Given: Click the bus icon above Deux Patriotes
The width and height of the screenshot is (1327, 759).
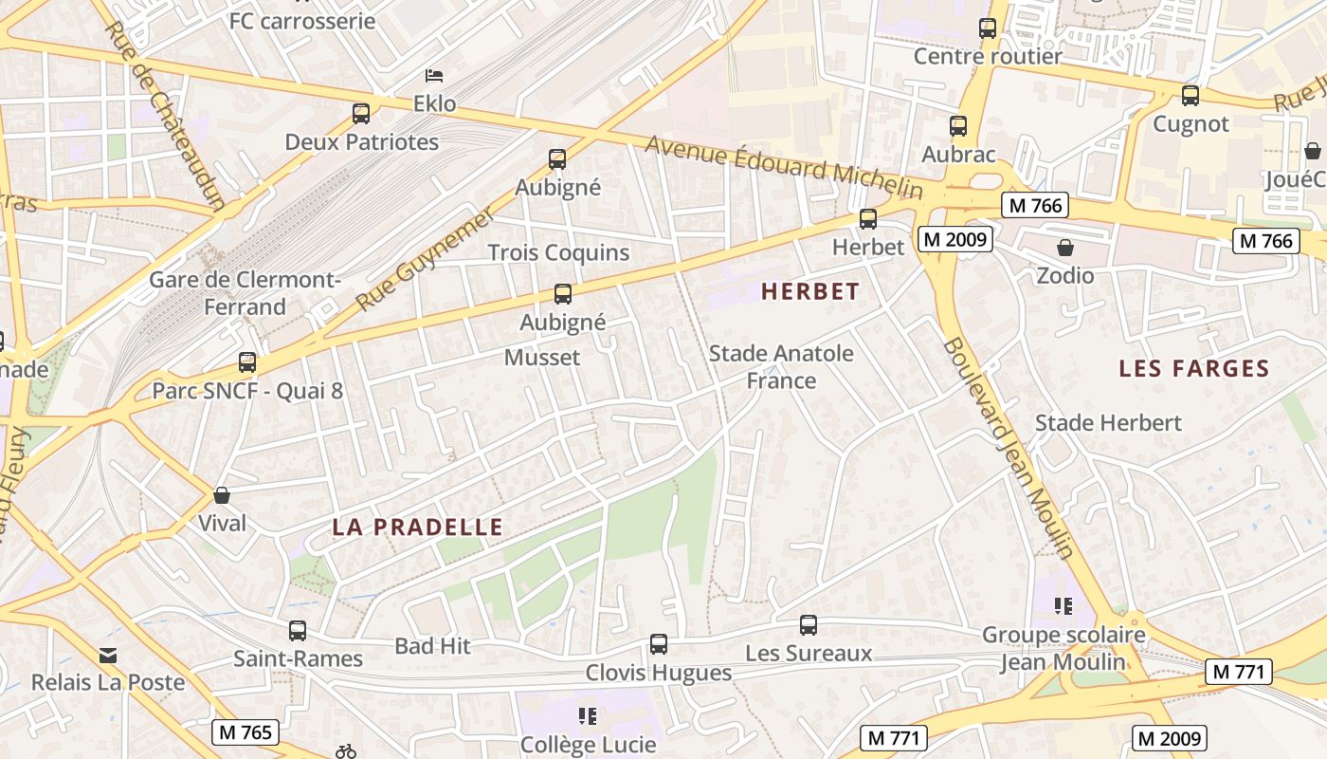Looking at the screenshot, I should tap(361, 114).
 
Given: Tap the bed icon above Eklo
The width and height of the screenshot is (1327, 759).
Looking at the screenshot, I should tap(434, 75).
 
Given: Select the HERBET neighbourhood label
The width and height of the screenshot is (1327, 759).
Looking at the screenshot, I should tap(810, 291).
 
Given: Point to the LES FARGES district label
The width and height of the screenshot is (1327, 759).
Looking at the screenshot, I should tap(1193, 368).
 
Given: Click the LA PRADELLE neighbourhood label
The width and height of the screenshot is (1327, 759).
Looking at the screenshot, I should tap(417, 528).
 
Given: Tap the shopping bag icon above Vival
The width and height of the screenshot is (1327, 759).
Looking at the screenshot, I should tap(222, 494).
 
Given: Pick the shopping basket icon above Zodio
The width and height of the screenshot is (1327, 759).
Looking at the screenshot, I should tap(1065, 248).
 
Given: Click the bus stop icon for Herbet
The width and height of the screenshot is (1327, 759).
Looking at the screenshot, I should tap(867, 219).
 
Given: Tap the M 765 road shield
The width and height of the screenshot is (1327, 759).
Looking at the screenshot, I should tap(245, 731).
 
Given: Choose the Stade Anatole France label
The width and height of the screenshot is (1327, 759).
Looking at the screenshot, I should tap(781, 367).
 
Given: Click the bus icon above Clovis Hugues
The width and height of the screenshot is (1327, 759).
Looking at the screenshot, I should tap(659, 644).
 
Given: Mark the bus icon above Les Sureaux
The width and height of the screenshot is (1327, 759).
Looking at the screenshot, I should tap(809, 625).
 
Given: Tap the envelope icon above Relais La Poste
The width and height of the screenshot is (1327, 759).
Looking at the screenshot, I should tap(108, 655).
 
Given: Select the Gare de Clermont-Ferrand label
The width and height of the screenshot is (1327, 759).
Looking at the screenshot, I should tap(245, 293).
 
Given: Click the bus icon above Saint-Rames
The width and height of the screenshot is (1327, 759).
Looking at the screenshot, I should tap(298, 630).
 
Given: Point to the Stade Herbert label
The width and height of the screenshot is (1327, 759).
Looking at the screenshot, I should tap(1108, 423).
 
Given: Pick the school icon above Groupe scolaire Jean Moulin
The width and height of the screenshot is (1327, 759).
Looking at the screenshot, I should tap(1063, 605).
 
